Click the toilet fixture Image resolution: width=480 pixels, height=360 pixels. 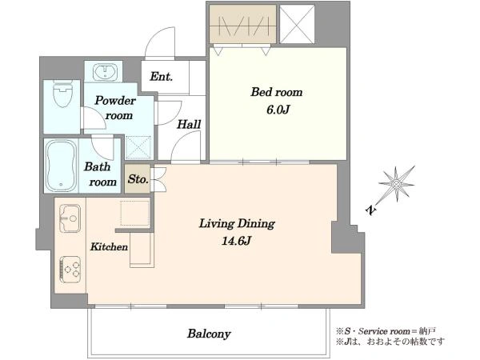click(x=62, y=94)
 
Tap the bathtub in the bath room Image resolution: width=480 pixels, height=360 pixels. click(x=61, y=166)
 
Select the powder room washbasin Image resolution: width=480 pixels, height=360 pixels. click(x=105, y=72)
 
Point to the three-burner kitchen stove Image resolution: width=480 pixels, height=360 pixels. click(x=70, y=270)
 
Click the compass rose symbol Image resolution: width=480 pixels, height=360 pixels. click(x=397, y=184)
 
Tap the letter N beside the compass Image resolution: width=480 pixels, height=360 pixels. click(x=370, y=210)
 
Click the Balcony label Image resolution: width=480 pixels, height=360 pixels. click(x=209, y=334)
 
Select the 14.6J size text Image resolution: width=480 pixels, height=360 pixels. click(x=236, y=242)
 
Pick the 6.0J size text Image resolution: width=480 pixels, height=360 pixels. click(x=278, y=110)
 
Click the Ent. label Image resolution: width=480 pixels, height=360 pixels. click(x=162, y=77)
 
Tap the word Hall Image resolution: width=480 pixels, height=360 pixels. click(x=189, y=124)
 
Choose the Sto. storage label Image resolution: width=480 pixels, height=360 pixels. click(x=138, y=178)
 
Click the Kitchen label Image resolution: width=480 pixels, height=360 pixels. click(x=109, y=246)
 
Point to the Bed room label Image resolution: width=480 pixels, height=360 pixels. click(x=277, y=92)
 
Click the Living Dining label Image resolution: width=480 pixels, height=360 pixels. click(x=237, y=224)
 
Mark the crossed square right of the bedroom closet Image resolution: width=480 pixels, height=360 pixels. click(x=297, y=24)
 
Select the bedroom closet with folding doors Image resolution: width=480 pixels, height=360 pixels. click(x=242, y=24)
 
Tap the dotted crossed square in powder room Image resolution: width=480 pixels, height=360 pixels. click(x=138, y=147)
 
